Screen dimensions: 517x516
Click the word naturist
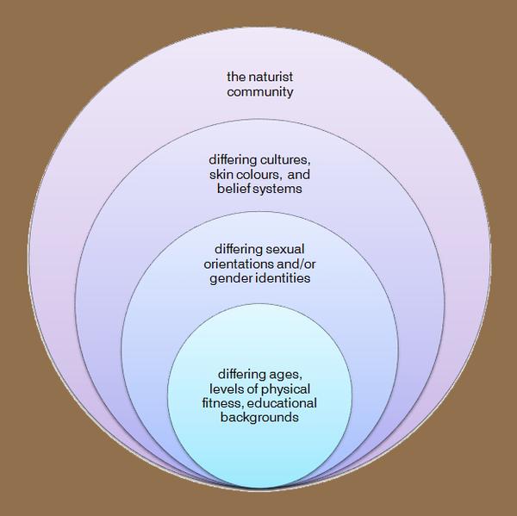point(271,77)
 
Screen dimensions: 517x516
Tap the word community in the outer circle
point(260,91)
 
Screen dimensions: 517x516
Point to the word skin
point(220,174)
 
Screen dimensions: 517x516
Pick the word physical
point(284,389)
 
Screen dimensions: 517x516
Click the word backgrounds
point(259,418)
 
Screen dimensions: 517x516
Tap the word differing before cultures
point(233,160)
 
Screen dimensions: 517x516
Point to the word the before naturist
point(236,77)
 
